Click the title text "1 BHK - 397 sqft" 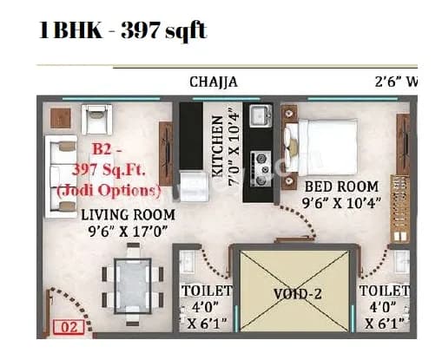(122, 30)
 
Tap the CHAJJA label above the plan (214, 82)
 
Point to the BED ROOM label (341, 187)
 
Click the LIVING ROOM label (128, 214)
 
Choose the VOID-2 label (298, 294)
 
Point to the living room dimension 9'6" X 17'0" (128, 232)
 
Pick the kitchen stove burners (259, 163)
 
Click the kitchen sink (258, 115)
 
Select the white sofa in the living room (62, 173)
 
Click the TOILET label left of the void (206, 291)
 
